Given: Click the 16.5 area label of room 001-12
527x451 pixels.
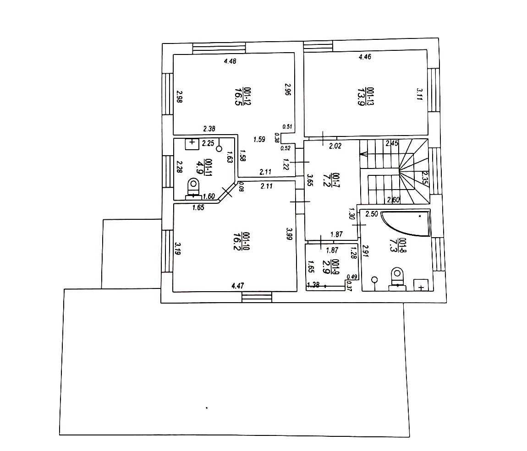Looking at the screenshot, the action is pyautogui.click(x=238, y=96).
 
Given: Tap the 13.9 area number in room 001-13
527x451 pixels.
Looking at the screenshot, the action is pyautogui.click(x=361, y=97).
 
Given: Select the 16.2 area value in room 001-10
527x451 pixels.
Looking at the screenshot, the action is pyautogui.click(x=236, y=241).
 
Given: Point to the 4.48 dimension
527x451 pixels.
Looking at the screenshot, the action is pyautogui.click(x=230, y=61).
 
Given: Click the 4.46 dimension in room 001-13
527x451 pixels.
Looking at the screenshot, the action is pyautogui.click(x=365, y=57).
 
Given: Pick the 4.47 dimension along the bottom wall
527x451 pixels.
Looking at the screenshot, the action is pyautogui.click(x=238, y=286).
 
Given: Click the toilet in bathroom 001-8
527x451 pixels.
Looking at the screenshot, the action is pyautogui.click(x=397, y=279).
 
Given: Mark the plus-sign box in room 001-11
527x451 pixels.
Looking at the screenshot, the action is pyautogui.click(x=192, y=144).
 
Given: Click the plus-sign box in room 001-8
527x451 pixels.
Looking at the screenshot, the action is pyautogui.click(x=421, y=285).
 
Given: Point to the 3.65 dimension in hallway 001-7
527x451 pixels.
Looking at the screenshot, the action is pyautogui.click(x=311, y=180).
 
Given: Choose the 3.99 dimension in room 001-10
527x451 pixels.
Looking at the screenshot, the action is pyautogui.click(x=289, y=234).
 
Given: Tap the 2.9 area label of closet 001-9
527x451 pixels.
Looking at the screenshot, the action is pyautogui.click(x=325, y=267).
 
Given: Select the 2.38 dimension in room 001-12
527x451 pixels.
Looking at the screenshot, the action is pyautogui.click(x=209, y=129).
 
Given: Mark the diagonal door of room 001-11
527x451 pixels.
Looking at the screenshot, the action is pyautogui.click(x=227, y=192).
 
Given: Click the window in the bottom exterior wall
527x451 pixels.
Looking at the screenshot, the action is pyautogui.click(x=257, y=297).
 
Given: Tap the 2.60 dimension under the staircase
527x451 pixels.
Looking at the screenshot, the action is pyautogui.click(x=393, y=200).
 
